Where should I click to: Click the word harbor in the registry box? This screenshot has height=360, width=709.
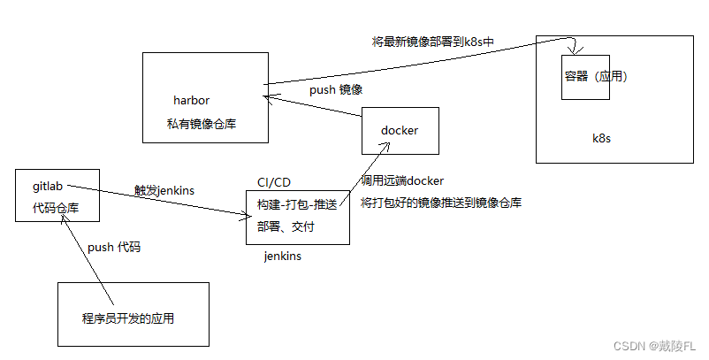pos(191,100)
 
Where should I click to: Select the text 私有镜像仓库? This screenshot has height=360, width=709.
pos(201,124)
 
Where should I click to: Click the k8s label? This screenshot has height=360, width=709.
pos(601,139)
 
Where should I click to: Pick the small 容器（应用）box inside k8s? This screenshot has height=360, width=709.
pos(584,77)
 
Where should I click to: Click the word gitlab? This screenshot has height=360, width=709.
pos(48,187)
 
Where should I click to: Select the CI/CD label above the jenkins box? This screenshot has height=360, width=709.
pos(273,182)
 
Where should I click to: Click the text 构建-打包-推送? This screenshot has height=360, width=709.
pos(296,204)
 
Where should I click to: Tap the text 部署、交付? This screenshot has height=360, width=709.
pos(286,226)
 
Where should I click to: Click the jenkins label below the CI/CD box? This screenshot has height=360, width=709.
pos(283,257)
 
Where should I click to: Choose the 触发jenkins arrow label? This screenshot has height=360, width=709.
pos(164,190)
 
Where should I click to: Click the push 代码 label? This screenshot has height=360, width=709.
pos(113,248)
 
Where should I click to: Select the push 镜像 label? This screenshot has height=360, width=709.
pos(336,90)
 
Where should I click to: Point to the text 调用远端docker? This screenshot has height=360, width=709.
pos(402,180)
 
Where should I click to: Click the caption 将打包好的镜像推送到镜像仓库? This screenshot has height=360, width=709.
pos(441,203)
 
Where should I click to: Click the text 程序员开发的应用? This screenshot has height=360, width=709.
pos(133,317)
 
